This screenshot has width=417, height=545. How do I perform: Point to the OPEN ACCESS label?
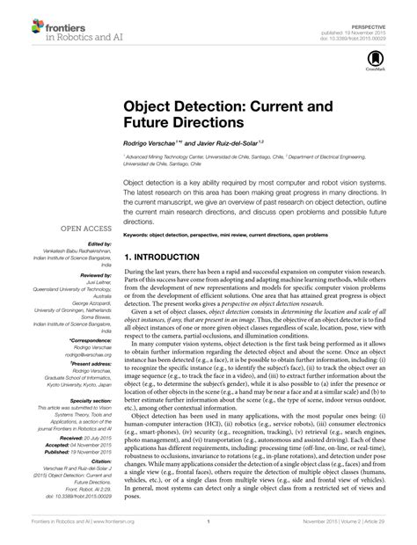85,227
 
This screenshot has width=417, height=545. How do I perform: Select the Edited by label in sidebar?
99,243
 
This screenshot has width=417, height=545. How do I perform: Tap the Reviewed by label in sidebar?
96,275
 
